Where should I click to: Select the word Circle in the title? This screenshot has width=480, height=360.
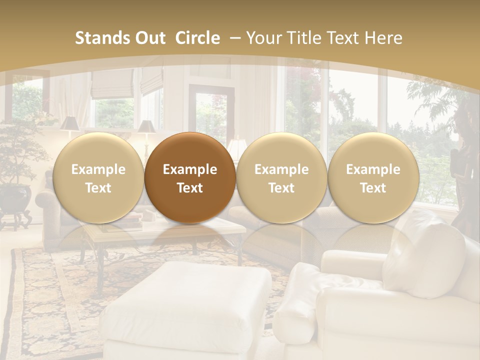click(197, 38)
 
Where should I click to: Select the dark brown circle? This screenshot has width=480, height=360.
click(190, 177)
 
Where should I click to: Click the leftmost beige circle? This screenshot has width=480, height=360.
click(98, 177)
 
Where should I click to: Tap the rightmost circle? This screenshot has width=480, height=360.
click(373, 177)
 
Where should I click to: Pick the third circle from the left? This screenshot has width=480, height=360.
click(281, 177)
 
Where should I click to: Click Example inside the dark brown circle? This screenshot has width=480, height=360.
click(190, 169)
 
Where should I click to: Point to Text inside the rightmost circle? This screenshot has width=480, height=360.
click(373, 188)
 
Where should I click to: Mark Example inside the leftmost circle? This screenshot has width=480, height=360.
click(98, 169)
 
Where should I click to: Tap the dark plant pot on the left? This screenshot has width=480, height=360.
click(15, 197)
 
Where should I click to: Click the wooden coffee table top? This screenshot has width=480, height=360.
click(165, 227)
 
